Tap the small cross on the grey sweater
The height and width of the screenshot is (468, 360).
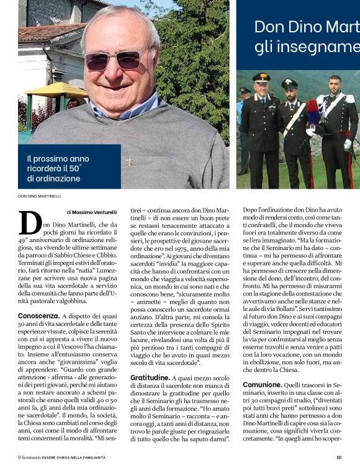click(128, 163)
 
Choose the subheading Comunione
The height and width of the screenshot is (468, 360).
click(263, 384)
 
